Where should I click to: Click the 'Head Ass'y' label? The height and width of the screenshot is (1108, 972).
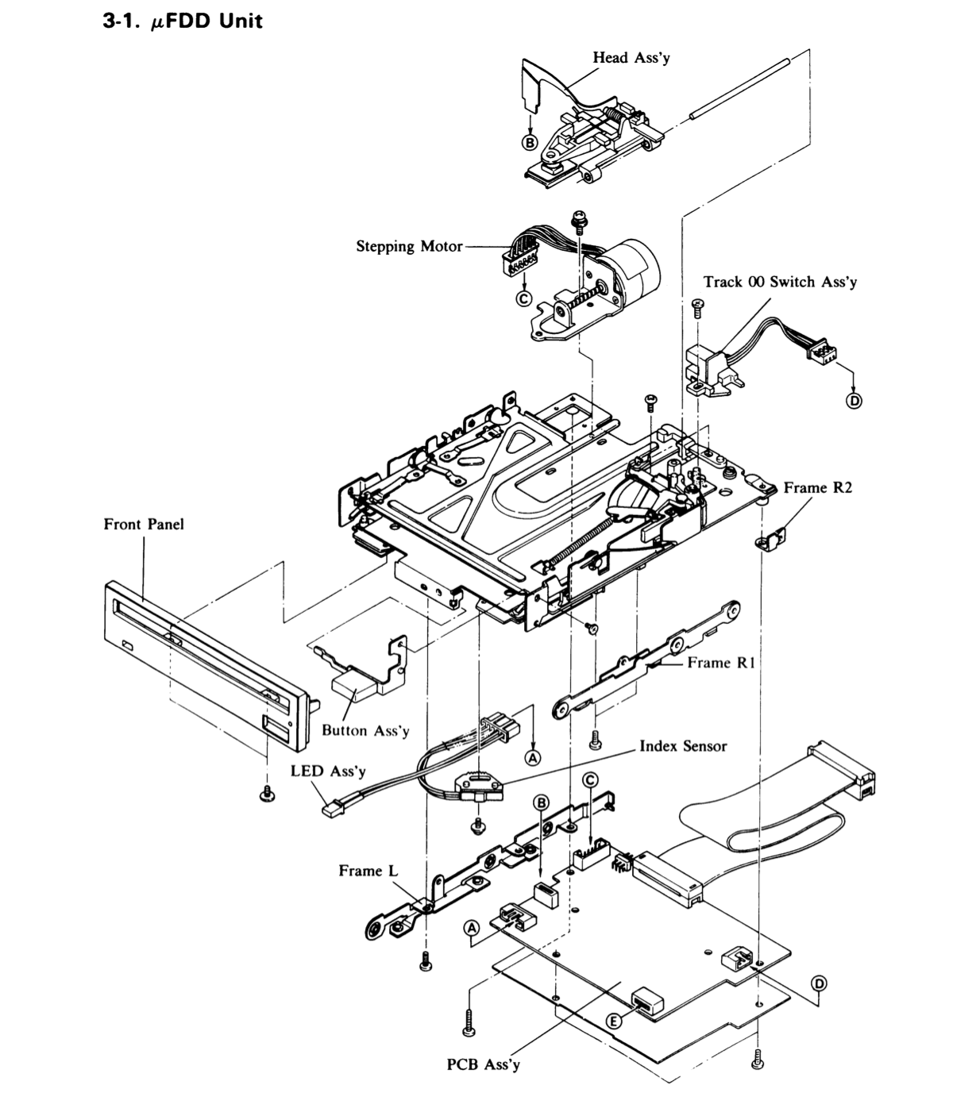[631, 58]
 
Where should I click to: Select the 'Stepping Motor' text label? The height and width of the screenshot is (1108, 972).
[409, 246]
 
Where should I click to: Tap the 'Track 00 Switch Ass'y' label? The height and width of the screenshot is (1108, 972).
[780, 282]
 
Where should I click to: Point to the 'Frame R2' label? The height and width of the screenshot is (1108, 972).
[817, 487]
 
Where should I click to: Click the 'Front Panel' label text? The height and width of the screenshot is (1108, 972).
[144, 524]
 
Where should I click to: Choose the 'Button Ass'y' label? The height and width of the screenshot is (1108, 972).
[365, 730]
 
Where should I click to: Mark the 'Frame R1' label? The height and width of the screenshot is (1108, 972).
[721, 663]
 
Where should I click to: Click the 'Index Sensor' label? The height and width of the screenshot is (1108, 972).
[683, 746]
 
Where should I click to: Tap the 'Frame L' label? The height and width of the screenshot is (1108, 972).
[368, 871]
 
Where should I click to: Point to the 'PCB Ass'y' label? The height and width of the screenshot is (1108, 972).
[483, 1064]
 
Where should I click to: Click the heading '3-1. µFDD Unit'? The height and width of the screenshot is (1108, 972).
[183, 21]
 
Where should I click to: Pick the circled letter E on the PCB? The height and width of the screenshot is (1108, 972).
[614, 1021]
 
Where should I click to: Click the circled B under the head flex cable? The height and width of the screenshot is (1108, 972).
[530, 143]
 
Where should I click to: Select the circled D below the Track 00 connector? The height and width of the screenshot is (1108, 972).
[854, 401]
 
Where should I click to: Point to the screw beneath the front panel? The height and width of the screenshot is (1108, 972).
[268, 793]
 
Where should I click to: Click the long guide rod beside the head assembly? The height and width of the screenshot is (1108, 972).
[739, 87]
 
